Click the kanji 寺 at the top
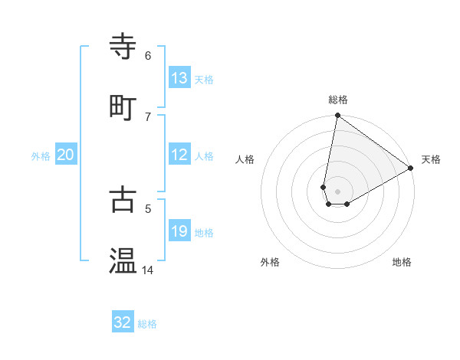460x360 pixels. pyautogui.click(x=123, y=47)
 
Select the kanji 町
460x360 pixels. pyautogui.click(x=123, y=107)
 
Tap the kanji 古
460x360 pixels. pyautogui.click(x=123, y=198)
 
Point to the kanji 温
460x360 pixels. pyautogui.click(x=123, y=260)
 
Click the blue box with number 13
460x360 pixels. pyautogui.click(x=179, y=78)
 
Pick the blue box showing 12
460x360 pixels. pyautogui.click(x=179, y=155)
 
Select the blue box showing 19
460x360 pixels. pyautogui.click(x=179, y=231)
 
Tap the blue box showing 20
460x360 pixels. pyautogui.click(x=66, y=155)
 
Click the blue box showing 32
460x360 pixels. pyautogui.click(x=123, y=322)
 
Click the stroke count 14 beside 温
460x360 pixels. pyautogui.click(x=148, y=270)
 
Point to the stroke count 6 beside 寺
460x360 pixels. pyautogui.click(x=148, y=55)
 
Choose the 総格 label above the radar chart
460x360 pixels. pyautogui.click(x=338, y=100)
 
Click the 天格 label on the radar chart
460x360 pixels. pyautogui.click(x=431, y=159)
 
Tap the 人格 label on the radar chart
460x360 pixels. pyautogui.click(x=245, y=159)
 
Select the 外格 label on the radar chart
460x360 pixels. pyautogui.click(x=270, y=262)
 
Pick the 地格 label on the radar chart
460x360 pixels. pyautogui.click(x=402, y=262)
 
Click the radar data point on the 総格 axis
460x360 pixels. pyautogui.click(x=337, y=116)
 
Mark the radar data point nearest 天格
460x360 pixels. pyautogui.click(x=411, y=169)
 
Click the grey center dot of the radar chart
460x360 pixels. pyautogui.click(x=337, y=191)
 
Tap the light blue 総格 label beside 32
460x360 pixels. pyautogui.click(x=147, y=324)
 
